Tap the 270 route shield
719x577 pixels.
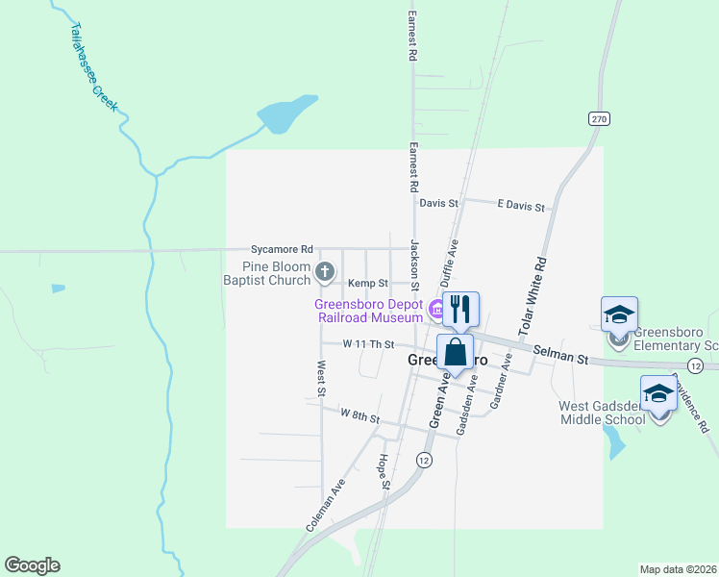600,118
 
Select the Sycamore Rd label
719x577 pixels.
282,247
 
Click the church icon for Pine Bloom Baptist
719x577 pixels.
325,273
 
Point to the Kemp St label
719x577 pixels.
367,284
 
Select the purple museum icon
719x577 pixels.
435,309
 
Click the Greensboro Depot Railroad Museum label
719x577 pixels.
369,311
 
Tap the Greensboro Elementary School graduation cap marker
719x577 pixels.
619,314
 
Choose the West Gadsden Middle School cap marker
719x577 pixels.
658,393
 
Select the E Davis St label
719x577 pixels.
521,207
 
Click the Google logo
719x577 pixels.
32,565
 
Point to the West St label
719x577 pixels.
320,377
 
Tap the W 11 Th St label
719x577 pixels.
369,343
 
